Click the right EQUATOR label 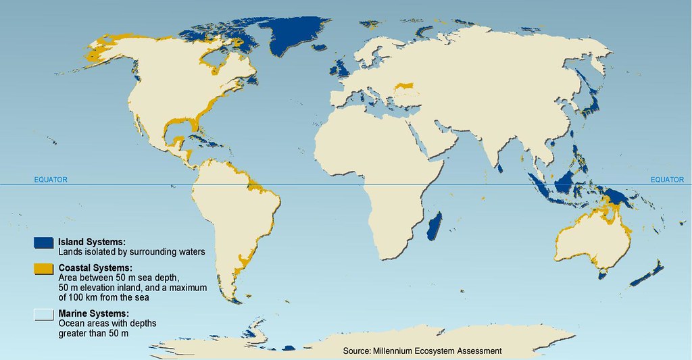666,180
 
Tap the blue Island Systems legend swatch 44,242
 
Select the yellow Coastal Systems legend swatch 44,270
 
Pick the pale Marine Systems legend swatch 44,314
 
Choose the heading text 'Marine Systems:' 93,314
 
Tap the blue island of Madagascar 435,224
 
